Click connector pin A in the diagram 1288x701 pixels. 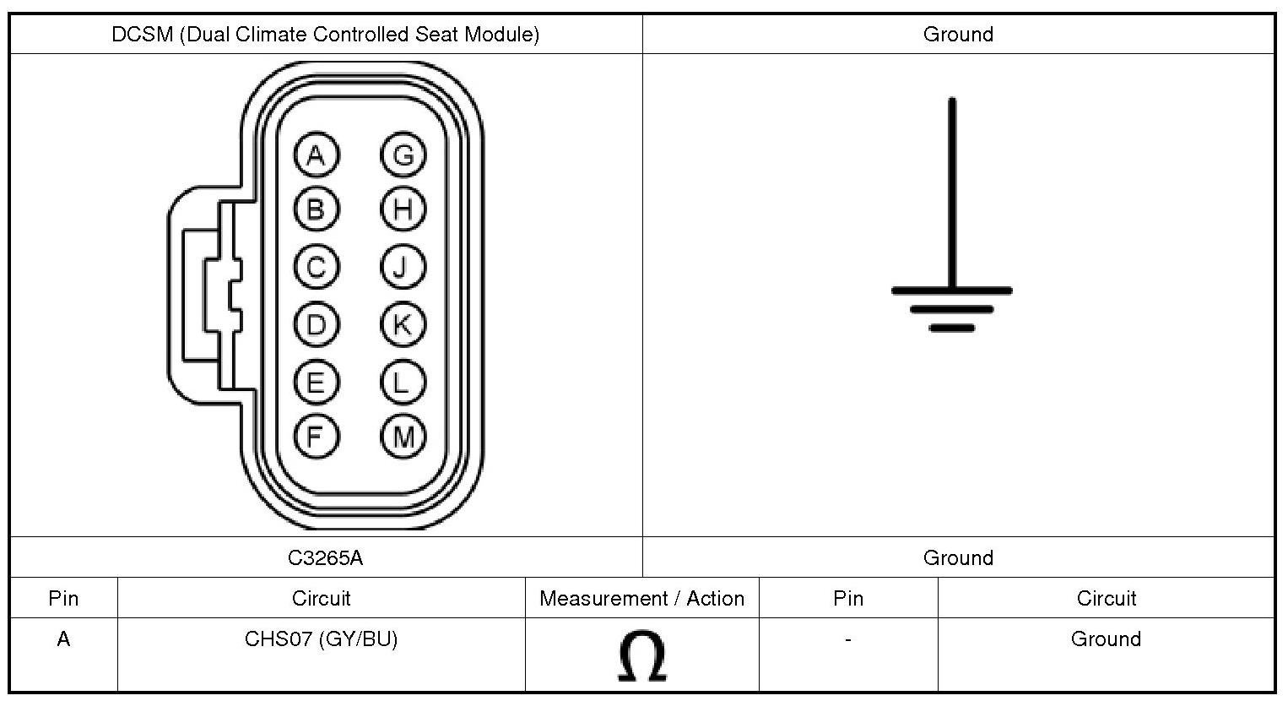pos(316,155)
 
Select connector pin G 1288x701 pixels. pos(403,155)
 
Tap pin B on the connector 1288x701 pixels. pos(316,209)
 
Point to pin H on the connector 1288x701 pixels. pos(403,209)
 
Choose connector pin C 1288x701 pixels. pos(316,267)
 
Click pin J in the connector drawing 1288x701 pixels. pos(403,267)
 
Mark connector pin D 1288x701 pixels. pos(316,324)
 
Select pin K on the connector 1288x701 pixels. pos(403,324)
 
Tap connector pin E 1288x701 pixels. pos(316,383)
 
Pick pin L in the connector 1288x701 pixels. pos(403,383)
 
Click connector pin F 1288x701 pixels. pos(316,437)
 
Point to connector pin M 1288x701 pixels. pos(403,437)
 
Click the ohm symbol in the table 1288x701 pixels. pos(642,656)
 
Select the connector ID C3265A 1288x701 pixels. pos(326,557)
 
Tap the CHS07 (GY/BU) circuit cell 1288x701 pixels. pos(321,639)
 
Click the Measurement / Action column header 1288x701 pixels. pos(641,598)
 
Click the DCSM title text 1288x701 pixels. pos(326,35)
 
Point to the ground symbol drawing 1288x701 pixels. pos(952,253)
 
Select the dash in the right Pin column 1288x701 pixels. pos(847,639)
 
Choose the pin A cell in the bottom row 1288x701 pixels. pos(63,639)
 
